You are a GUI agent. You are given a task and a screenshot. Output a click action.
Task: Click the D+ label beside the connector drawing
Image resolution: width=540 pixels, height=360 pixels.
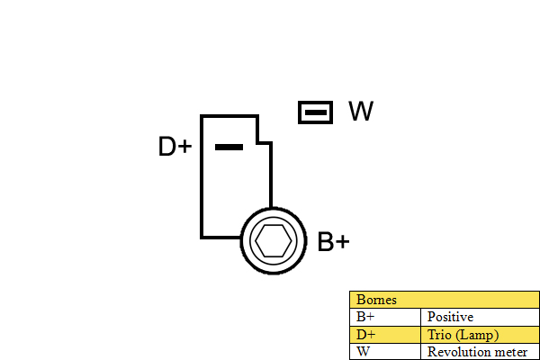click(x=175, y=146)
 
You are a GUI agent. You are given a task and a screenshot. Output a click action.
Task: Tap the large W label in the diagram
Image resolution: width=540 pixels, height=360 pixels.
click(x=361, y=111)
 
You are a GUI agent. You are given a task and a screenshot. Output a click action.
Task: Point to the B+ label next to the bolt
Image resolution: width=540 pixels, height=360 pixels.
click(x=333, y=241)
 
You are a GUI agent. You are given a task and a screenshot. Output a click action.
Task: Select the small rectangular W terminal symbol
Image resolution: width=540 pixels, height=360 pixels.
click(x=316, y=112)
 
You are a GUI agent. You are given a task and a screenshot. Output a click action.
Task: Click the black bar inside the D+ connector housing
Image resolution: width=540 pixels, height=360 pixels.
click(x=229, y=148)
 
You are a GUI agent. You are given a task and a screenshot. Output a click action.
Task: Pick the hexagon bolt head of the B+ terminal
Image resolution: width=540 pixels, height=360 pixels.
click(x=274, y=241)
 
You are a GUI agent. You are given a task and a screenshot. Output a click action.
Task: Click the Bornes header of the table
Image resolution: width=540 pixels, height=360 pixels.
click(x=376, y=300)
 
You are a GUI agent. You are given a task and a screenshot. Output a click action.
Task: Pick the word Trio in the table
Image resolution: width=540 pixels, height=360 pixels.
click(x=439, y=335)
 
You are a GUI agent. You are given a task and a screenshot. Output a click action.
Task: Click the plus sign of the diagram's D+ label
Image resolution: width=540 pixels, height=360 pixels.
click(x=185, y=147)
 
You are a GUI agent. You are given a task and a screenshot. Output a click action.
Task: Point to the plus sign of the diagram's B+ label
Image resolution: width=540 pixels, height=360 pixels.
click(x=343, y=241)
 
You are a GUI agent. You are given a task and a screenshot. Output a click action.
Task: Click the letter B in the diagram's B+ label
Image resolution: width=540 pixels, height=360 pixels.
click(x=326, y=241)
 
